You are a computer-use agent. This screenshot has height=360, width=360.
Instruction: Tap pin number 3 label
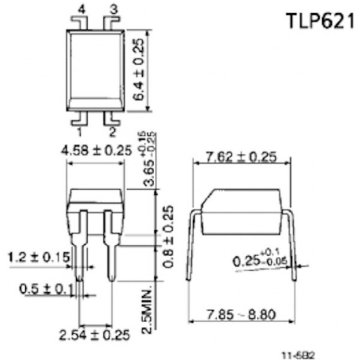point(112,9)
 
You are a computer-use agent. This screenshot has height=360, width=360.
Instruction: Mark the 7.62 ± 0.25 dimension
point(241,156)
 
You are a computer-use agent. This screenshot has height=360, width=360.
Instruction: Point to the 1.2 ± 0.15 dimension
point(35,257)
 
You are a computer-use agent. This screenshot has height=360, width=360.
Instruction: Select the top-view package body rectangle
point(96,69)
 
